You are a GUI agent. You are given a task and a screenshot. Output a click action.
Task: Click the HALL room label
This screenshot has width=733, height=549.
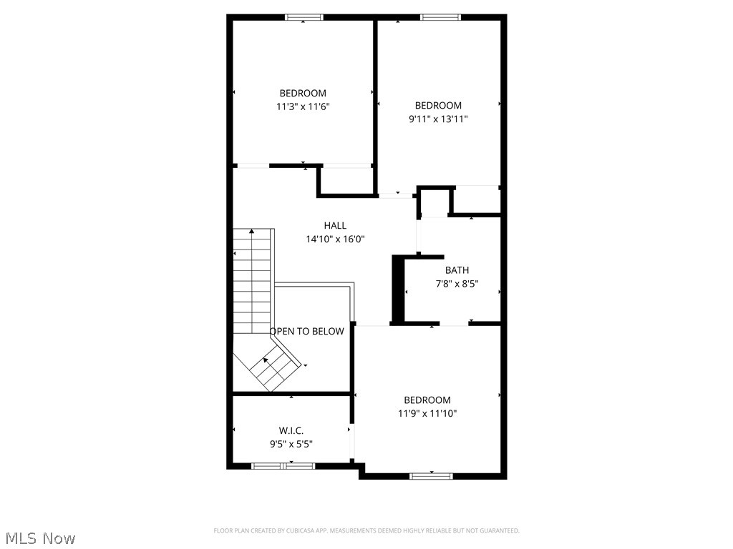click(335, 226)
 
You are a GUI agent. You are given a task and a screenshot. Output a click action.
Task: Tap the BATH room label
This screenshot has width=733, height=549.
click(457, 270)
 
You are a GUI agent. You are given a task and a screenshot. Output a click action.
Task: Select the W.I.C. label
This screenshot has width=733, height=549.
click(291, 430)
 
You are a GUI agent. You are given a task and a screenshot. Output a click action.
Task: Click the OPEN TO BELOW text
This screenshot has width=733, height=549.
click(306, 331)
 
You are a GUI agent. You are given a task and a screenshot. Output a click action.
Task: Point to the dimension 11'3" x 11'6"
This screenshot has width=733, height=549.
click(303, 107)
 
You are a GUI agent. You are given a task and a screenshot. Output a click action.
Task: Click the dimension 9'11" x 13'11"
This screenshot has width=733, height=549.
click(438, 119)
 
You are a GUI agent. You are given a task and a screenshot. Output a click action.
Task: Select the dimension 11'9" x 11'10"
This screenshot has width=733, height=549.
click(427, 413)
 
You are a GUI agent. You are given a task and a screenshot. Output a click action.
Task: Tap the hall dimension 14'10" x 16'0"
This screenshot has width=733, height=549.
click(335, 239)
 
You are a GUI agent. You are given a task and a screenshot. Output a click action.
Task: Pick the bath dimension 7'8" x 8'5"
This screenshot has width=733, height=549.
click(457, 284)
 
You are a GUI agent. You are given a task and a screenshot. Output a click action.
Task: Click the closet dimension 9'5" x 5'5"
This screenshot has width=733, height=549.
click(291, 444)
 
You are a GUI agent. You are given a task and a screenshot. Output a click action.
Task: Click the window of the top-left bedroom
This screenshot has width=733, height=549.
click(304, 17)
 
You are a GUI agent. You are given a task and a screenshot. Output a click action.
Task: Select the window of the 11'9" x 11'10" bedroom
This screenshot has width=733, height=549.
click(431, 475)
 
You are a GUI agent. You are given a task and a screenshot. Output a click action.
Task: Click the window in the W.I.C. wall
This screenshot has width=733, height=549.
click(283, 466)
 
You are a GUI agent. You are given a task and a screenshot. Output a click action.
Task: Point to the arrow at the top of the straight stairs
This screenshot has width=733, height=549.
click(252, 232)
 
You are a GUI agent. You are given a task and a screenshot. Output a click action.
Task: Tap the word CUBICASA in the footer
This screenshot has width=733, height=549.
click(303, 531)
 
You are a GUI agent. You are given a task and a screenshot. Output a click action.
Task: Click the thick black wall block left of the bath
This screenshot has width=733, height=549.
click(397, 290)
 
